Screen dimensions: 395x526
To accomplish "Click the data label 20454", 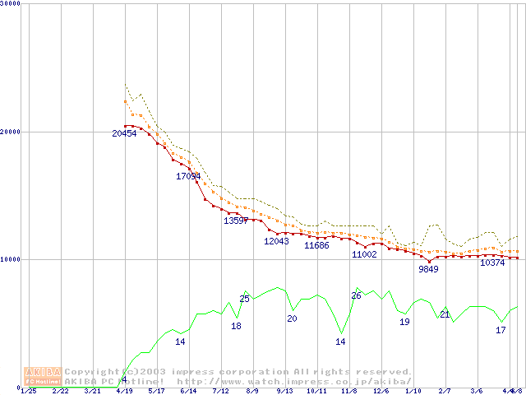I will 124,133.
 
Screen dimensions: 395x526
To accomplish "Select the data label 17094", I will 188,176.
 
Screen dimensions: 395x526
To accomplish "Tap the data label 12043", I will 276,241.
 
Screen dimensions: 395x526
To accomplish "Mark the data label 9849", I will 428,269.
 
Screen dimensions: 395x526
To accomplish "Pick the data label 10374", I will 492,263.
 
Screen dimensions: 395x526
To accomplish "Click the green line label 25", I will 244,299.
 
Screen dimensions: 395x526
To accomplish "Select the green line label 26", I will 356,295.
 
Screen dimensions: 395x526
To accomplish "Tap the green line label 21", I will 445,314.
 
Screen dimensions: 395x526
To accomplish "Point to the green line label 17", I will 501,330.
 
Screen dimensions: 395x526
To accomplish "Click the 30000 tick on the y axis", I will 11,3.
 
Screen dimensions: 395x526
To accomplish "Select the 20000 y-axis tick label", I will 11,132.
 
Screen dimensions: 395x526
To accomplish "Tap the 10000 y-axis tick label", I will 11,259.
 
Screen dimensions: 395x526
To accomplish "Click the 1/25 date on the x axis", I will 28,391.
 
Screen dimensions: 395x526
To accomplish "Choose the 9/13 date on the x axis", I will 284,391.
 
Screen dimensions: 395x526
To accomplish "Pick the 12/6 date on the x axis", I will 381,391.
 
